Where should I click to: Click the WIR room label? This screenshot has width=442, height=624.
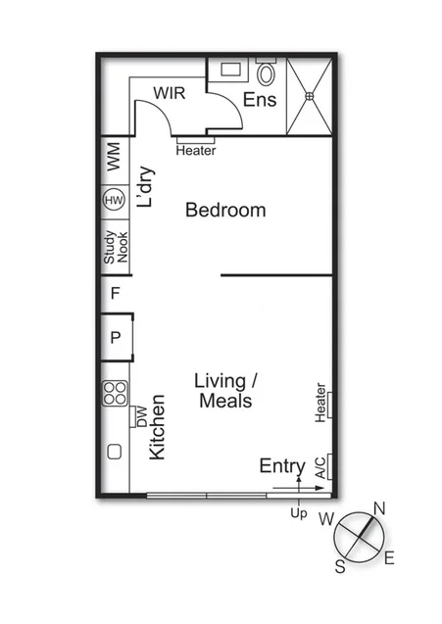pos(170,92)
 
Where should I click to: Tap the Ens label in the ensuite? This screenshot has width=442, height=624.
pos(259,100)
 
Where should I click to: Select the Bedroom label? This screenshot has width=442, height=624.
pos(225,210)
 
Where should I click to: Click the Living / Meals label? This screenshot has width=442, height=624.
pos(226,391)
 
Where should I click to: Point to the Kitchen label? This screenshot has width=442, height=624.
pos(157,428)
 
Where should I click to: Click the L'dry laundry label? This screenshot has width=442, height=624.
pos(145,191)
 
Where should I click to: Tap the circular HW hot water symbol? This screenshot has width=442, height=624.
pos(114,202)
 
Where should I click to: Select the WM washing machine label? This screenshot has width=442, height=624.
pos(113,160)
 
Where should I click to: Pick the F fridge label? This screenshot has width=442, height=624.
pos(115,293)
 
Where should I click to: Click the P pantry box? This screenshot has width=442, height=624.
pos(115,338)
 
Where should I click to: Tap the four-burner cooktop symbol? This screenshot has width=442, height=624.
pos(115,393)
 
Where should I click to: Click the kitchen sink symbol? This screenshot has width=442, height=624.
pos(114,453)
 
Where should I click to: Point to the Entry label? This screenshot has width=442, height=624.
pos(282,466)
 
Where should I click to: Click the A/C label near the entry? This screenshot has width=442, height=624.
pos(320,468)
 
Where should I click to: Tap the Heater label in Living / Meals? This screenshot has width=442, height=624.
pos(320,404)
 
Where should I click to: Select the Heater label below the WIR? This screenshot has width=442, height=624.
pos(196,150)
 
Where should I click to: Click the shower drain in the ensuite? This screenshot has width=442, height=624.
pos(309,96)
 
